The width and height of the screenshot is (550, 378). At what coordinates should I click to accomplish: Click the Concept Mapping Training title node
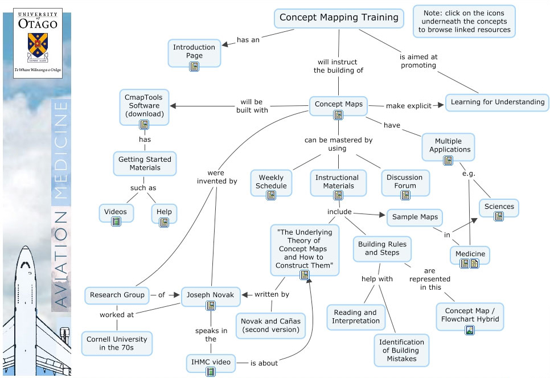tap(338, 18)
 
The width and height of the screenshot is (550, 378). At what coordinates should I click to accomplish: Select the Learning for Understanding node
tap(496, 102)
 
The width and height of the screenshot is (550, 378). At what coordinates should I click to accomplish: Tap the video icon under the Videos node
tap(116, 221)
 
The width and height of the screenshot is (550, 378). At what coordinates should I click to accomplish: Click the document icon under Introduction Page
tap(194, 66)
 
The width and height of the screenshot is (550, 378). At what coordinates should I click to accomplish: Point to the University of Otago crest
tap(37, 47)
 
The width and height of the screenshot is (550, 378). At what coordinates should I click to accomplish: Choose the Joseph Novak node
tap(211, 295)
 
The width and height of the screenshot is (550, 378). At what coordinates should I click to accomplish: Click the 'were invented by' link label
tap(217, 176)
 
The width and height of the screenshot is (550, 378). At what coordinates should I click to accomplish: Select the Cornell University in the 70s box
tap(117, 343)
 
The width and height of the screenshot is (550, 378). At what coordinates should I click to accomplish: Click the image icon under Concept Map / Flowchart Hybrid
tap(469, 330)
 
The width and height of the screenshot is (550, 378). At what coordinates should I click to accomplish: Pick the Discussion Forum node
tap(405, 182)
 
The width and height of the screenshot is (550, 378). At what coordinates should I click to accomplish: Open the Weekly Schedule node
tap(271, 182)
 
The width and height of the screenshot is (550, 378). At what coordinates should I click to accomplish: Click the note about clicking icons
tap(464, 21)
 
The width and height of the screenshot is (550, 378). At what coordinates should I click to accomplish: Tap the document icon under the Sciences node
tap(499, 216)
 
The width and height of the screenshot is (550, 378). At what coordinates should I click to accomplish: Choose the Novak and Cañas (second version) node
tap(270, 325)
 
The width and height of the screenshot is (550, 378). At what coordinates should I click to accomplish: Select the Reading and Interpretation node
tap(355, 317)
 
